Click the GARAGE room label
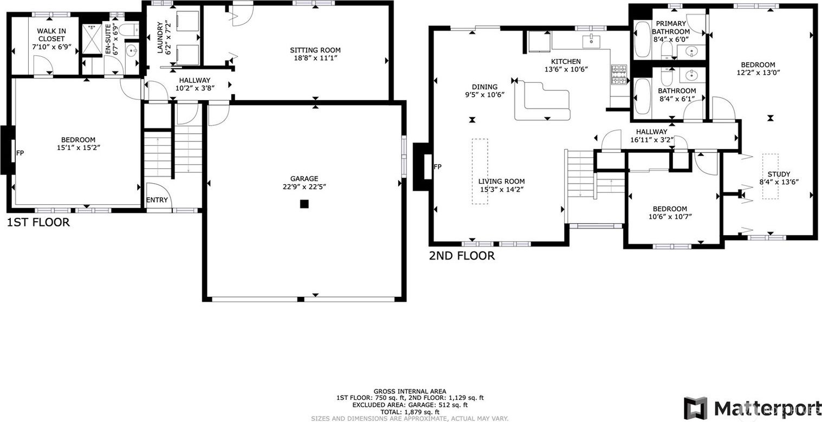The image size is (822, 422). coord(304,179)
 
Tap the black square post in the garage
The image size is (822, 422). coord(304,204)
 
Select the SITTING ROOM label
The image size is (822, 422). coord(315,50)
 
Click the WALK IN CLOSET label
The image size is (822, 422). coord(51,35)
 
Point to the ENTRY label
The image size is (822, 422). coord(157,200)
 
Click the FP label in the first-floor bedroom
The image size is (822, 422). coord(20,153)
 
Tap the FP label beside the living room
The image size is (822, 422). coord(437,167)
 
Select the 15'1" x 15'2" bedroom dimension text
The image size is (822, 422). coord(79,147)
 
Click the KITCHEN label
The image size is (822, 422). coord(566,61)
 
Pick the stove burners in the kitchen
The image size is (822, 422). coord(619,75)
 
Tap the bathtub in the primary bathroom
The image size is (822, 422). coord(642,39)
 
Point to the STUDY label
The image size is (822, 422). coord(779,174)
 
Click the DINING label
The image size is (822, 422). coord(485,87)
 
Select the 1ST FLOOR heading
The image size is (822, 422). coord(38,222)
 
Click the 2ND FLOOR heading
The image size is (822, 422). coord(462,256)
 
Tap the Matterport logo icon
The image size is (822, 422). coord(696,418)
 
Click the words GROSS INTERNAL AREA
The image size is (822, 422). coord(410,392)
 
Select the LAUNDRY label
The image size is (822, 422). coord(160,38)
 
